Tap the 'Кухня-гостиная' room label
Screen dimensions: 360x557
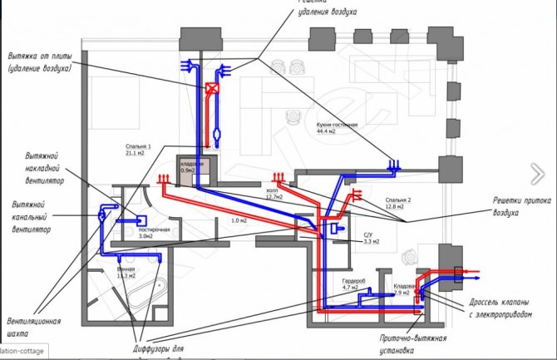point(337,124)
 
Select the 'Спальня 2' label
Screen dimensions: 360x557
point(398,200)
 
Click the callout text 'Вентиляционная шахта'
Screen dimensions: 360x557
point(34,326)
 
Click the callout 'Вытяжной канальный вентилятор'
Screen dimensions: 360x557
point(38,215)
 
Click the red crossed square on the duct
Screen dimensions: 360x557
point(213,86)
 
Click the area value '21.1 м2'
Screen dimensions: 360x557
point(134,152)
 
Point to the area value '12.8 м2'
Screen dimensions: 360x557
point(396,208)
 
